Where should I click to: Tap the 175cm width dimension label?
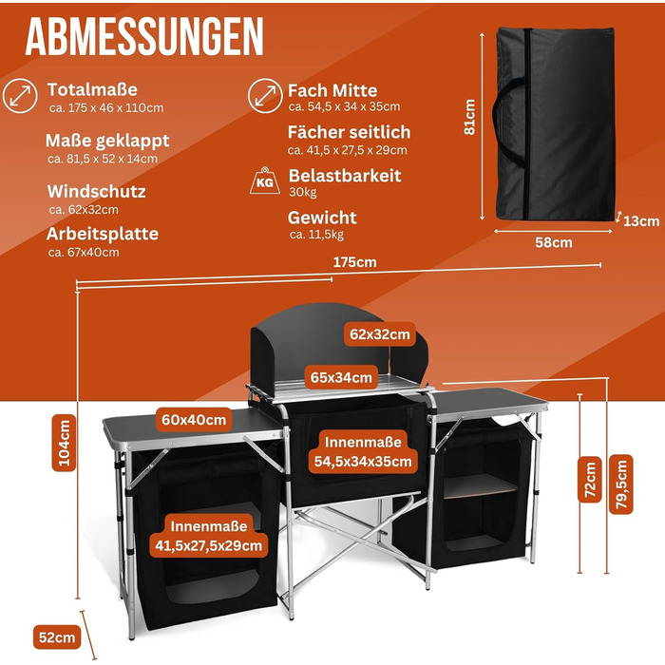(x=352, y=262)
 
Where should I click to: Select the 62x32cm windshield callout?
(x=379, y=333)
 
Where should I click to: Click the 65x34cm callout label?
(x=341, y=376)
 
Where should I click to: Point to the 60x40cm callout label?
(x=193, y=419)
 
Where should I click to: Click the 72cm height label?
(x=591, y=480)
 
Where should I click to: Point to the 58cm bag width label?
(x=554, y=242)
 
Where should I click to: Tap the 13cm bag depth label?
(x=642, y=221)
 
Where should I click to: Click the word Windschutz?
(x=96, y=191)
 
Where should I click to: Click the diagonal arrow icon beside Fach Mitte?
(x=263, y=96)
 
